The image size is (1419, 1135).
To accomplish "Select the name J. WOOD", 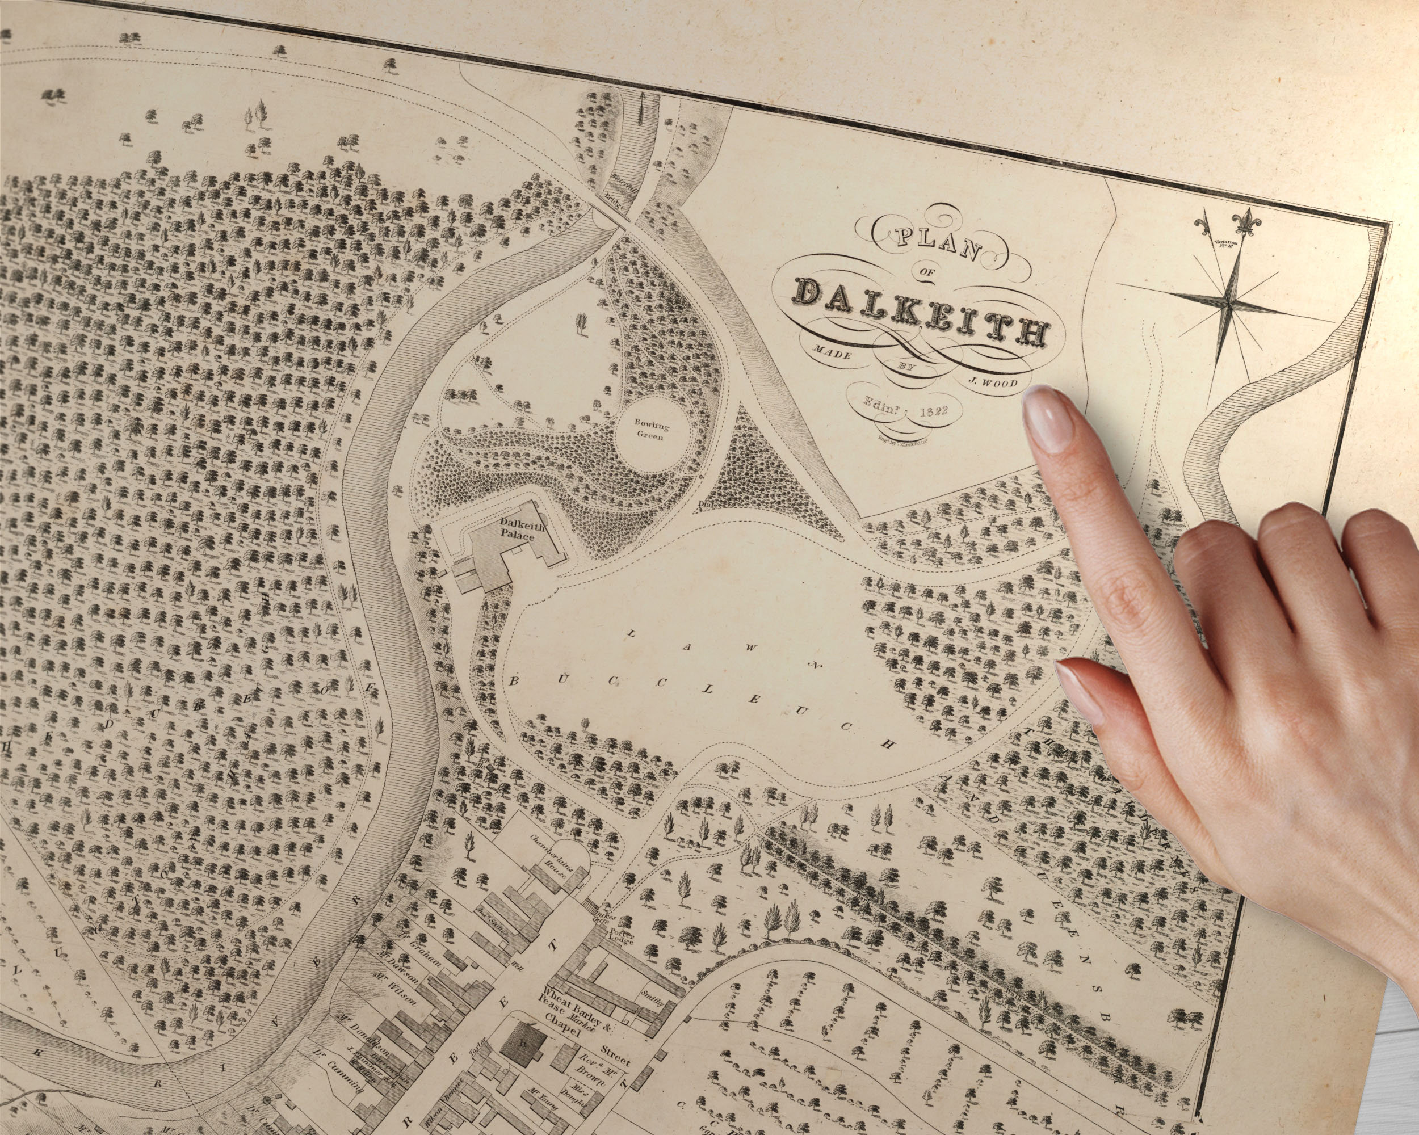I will (993, 381).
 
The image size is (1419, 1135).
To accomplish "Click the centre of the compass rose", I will (1228, 303).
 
